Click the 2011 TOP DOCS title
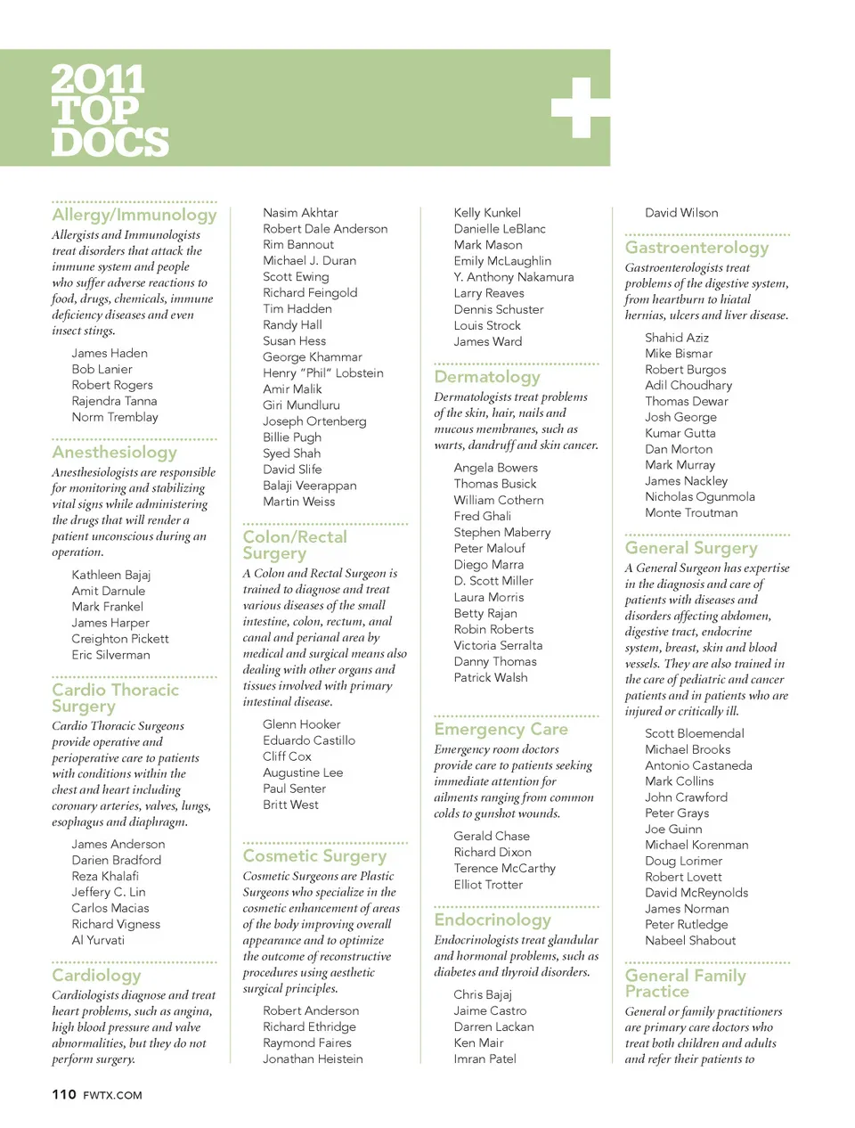click(109, 110)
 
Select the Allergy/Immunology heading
click(134, 215)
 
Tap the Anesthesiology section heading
click(114, 453)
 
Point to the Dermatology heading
click(487, 377)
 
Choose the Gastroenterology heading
click(696, 248)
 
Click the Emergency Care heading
click(501, 730)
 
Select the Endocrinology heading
click(493, 920)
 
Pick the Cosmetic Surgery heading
click(314, 856)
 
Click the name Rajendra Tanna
click(114, 401)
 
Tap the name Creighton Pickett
click(120, 639)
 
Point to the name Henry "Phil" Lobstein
click(323, 373)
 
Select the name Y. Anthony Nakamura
click(514, 277)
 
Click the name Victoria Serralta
click(498, 645)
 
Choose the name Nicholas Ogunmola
click(700, 497)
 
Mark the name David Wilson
click(681, 213)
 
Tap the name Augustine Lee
click(303, 772)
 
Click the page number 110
click(64, 1094)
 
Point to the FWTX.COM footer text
click(112, 1095)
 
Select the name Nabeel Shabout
click(690, 941)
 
